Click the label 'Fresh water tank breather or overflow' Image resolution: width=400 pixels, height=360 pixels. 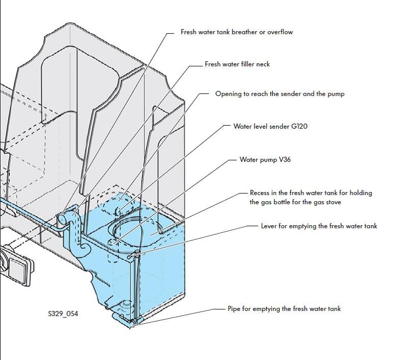click(x=237, y=32)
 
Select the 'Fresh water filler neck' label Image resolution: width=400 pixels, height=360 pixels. click(x=237, y=64)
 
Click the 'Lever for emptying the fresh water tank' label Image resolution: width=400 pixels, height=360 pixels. click(x=319, y=226)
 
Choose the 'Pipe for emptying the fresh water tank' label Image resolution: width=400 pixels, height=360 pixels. click(x=284, y=309)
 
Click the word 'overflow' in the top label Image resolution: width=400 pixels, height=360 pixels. click(x=280, y=32)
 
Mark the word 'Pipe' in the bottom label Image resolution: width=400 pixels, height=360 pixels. click(x=234, y=309)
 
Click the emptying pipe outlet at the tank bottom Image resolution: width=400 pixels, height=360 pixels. click(x=131, y=323)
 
